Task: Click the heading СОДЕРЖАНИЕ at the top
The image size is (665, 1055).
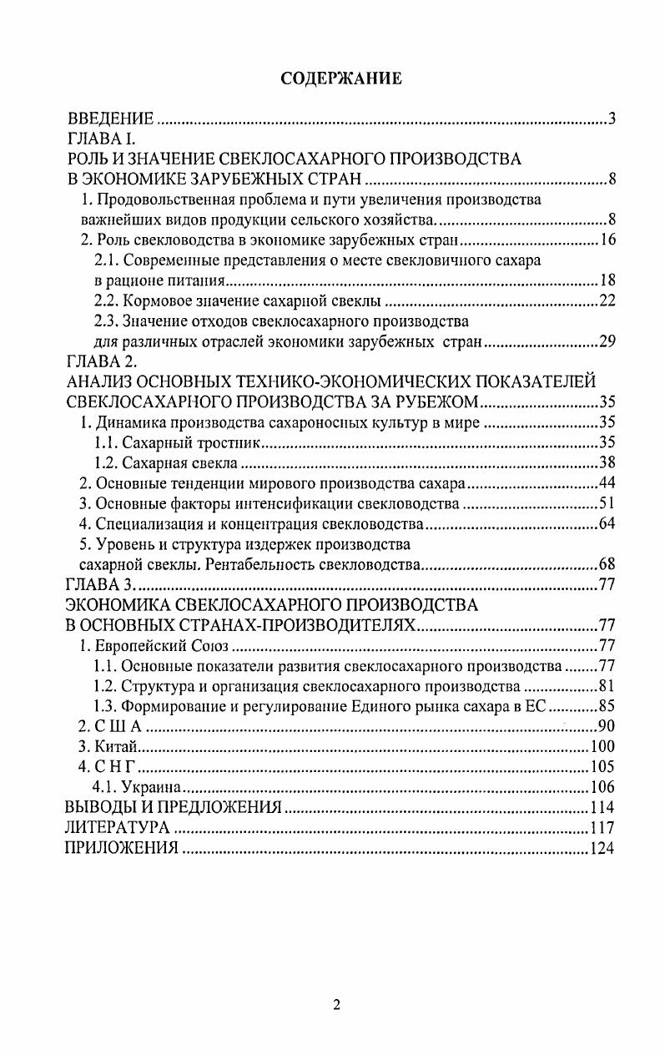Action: point(340,78)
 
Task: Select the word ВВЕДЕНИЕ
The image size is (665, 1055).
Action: point(110,119)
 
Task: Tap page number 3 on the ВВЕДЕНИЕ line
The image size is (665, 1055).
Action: point(611,119)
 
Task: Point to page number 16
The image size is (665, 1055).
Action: point(607,240)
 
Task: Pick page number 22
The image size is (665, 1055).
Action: point(607,300)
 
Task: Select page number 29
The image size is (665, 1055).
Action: point(607,341)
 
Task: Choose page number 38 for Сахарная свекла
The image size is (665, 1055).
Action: point(607,462)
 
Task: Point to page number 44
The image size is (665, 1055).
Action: point(607,483)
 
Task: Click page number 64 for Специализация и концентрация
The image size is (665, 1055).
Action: point(607,524)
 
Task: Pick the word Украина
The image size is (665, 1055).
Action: point(151,787)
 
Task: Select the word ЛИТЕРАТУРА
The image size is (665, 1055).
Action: point(118,828)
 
